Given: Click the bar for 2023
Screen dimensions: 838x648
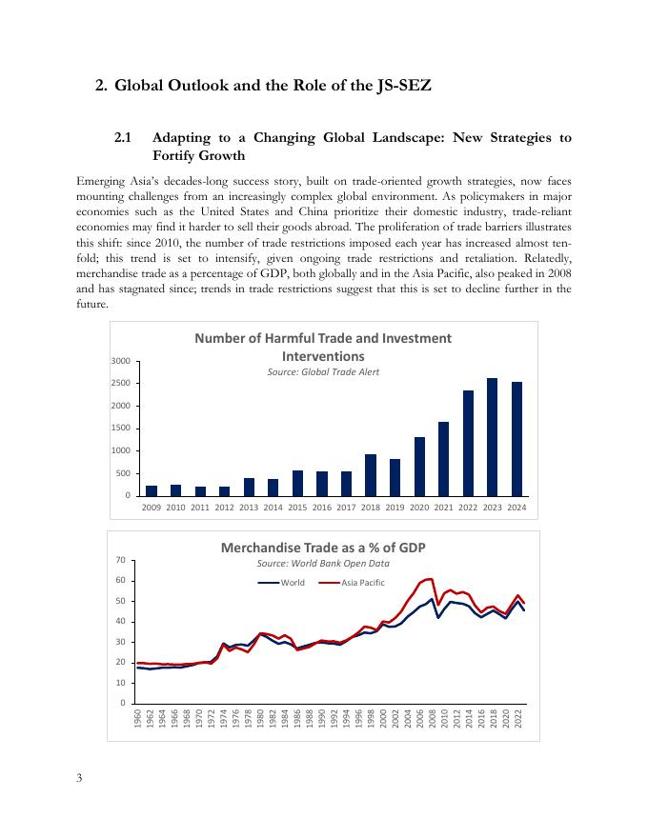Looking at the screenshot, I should pyautogui.click(x=493, y=437).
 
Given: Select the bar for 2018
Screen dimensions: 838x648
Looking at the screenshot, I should pyautogui.click(x=371, y=475).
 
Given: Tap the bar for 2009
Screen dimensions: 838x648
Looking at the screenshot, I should pyautogui.click(x=152, y=490).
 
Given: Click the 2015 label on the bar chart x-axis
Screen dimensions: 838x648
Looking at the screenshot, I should pyautogui.click(x=297, y=508).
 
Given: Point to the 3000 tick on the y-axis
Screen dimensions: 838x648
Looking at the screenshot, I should pyautogui.click(x=120, y=362).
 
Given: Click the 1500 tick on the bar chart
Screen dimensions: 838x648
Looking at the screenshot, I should pyautogui.click(x=120, y=429).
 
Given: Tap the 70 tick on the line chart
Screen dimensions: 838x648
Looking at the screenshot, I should pyautogui.click(x=123, y=560).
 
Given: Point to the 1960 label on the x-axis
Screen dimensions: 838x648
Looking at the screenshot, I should pyautogui.click(x=139, y=719).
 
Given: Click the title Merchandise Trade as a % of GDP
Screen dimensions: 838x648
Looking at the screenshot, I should pyautogui.click(x=323, y=548).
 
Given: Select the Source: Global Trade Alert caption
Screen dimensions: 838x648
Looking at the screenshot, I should pyautogui.click(x=323, y=371).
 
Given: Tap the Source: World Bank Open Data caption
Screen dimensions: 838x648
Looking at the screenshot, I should pyautogui.click(x=323, y=565).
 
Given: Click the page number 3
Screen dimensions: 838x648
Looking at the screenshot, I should pyautogui.click(x=80, y=779).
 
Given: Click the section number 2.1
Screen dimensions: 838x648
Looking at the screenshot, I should pyautogui.click(x=122, y=138).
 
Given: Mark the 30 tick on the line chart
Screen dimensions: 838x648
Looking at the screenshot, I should pyautogui.click(x=123, y=642).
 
